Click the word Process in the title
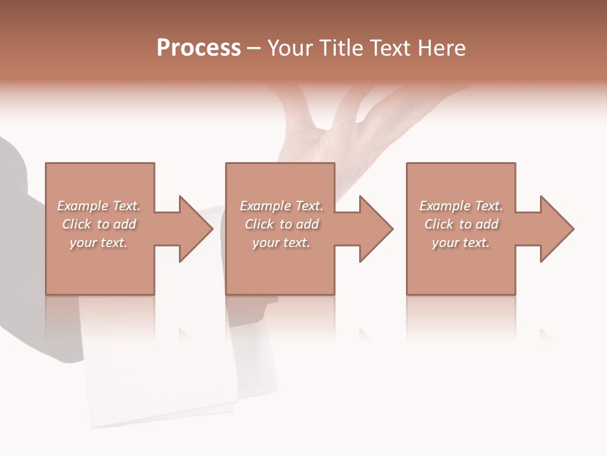(199, 48)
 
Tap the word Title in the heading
(342, 48)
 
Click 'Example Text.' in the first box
(99, 206)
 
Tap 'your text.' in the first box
(99, 243)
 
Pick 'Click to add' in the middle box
(281, 224)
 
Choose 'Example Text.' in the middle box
(281, 206)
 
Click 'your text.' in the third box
(461, 243)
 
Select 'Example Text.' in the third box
(461, 206)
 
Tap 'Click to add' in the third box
(461, 224)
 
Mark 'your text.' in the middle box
(281, 243)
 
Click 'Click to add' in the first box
(99, 224)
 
